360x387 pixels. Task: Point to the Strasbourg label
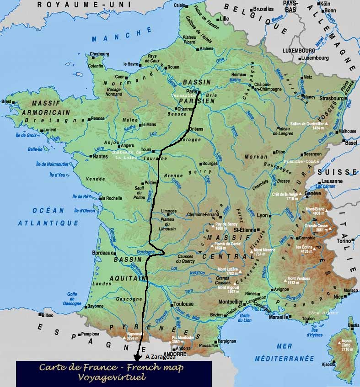(331, 98)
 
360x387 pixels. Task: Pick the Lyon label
(263, 215)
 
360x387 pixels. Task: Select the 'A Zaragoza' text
(161, 357)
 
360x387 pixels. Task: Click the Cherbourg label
(100, 53)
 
